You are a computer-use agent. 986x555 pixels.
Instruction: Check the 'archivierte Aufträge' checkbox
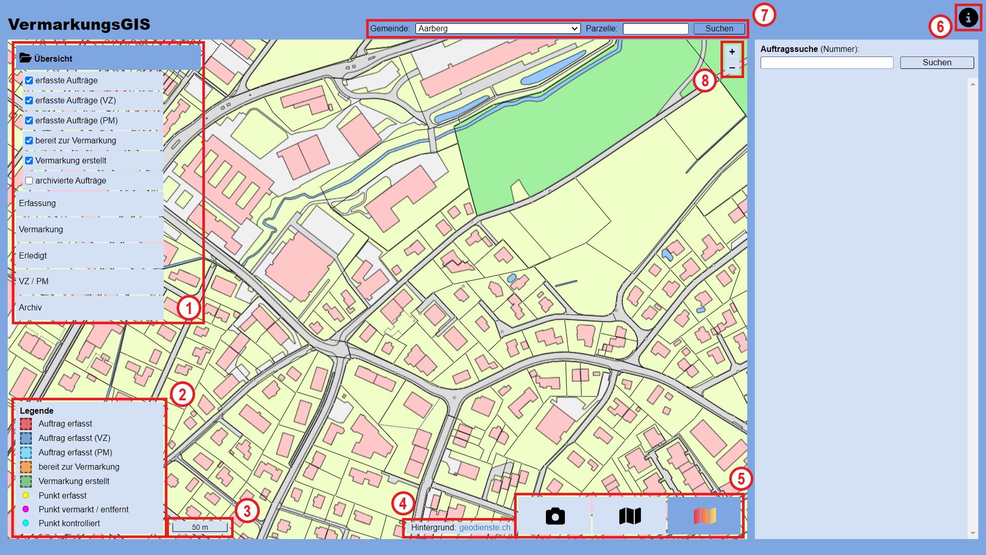click(x=29, y=181)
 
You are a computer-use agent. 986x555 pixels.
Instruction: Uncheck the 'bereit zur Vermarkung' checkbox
click(x=29, y=141)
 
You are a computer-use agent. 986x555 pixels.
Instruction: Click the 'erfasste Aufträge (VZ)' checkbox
click(x=29, y=101)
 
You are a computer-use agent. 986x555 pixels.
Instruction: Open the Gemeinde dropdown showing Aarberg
click(x=498, y=29)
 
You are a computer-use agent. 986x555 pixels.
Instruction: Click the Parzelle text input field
click(x=655, y=29)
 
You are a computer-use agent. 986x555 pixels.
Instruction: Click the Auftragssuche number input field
click(x=826, y=63)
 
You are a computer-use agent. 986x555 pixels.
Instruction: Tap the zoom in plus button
click(x=732, y=52)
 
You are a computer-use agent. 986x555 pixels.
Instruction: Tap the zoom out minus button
click(x=732, y=68)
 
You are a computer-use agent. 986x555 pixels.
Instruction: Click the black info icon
click(x=968, y=18)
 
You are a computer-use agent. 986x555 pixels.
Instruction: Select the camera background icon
click(x=555, y=516)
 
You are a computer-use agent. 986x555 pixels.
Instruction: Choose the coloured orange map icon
click(x=705, y=516)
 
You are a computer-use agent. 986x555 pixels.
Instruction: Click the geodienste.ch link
click(x=484, y=528)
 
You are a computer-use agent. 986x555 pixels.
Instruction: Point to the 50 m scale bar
click(x=200, y=527)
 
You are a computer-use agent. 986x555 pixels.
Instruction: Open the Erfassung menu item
click(x=37, y=203)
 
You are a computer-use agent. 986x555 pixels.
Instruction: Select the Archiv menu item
click(x=30, y=308)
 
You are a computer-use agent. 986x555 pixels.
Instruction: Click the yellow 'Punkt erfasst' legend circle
click(x=26, y=495)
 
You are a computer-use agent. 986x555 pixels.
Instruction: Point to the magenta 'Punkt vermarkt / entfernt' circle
click(x=26, y=509)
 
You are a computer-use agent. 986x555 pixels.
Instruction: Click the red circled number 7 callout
click(x=764, y=15)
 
